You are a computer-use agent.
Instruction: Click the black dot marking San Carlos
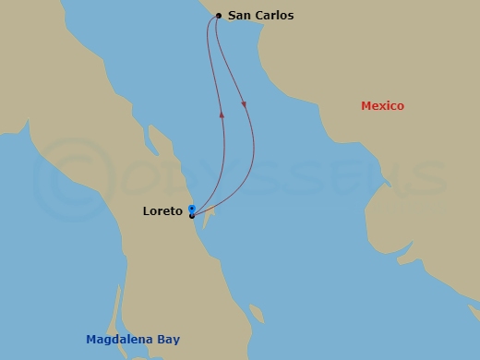click(218, 16)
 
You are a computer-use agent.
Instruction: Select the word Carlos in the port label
click(275, 16)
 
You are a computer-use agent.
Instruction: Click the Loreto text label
click(162, 211)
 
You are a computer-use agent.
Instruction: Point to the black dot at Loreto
click(191, 216)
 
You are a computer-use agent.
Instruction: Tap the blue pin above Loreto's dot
click(191, 208)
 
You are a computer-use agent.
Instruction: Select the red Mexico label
click(382, 106)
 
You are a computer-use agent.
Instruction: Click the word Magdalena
click(120, 340)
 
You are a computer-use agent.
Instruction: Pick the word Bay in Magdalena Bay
click(168, 341)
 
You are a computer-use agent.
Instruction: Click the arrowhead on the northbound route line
click(222, 114)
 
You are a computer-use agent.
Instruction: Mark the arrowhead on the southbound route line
click(244, 104)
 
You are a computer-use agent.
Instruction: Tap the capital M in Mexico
click(366, 106)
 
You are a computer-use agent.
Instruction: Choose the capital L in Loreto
click(147, 211)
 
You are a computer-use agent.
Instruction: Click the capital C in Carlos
click(260, 16)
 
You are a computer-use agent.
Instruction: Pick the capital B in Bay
click(161, 340)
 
